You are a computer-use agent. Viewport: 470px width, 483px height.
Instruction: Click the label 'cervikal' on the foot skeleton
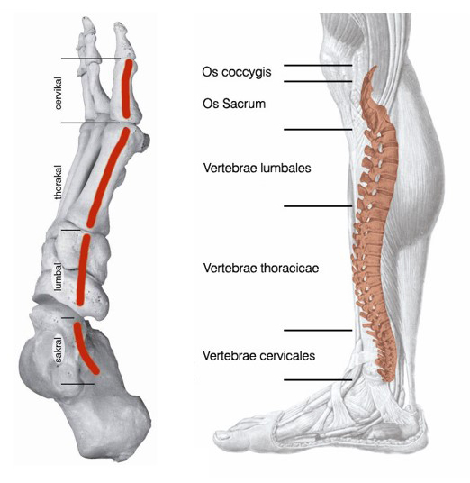click(x=58, y=93)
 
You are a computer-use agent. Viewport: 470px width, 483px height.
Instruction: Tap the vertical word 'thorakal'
click(x=58, y=182)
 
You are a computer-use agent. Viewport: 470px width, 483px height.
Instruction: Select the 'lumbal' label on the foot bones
click(x=58, y=277)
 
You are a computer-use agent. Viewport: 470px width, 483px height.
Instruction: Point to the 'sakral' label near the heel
click(x=58, y=350)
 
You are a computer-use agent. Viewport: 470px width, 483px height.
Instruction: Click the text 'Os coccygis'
click(x=237, y=72)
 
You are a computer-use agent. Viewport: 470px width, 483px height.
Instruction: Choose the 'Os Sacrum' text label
click(x=234, y=104)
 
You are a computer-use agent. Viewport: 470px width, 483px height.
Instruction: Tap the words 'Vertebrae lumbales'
click(x=257, y=168)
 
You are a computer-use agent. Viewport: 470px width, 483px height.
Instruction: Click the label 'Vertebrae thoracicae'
click(x=261, y=268)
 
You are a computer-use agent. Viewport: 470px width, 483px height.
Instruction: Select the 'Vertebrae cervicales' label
click(x=258, y=355)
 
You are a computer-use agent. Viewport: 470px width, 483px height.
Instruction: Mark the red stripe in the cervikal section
click(x=126, y=88)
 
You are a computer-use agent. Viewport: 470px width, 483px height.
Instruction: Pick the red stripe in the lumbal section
click(x=82, y=270)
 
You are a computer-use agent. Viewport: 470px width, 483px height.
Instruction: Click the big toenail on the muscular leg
click(x=222, y=435)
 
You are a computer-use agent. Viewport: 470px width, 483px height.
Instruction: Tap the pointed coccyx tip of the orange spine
click(x=375, y=67)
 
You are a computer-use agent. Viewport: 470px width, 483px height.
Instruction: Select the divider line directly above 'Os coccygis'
click(x=318, y=65)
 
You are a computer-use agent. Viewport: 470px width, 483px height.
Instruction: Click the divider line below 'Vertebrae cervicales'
click(x=318, y=379)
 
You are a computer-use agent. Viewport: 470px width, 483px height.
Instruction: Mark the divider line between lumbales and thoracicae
click(x=318, y=205)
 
